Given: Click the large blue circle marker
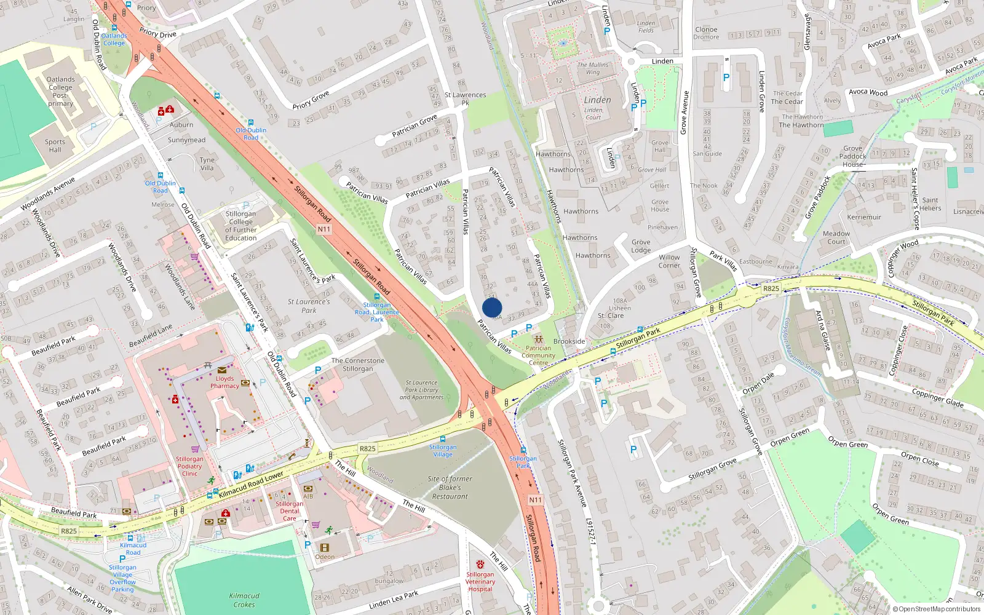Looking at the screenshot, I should click(492, 307).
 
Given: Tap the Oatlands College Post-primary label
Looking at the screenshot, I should click(61, 91).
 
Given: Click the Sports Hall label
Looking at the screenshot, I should click(55, 145).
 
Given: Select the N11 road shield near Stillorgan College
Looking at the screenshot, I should click(324, 229).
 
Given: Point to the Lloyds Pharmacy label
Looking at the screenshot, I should click(224, 382).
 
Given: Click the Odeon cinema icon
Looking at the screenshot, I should click(325, 547).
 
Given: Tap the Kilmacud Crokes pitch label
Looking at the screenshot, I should click(244, 600).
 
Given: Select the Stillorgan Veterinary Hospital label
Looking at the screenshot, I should click(480, 581).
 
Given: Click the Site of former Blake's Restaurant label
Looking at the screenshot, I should click(450, 487).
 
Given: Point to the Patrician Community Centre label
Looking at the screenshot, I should click(538, 355).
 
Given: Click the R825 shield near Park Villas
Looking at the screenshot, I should click(771, 288).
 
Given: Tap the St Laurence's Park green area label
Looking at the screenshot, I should click(309, 306).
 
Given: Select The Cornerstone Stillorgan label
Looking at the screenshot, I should click(358, 365).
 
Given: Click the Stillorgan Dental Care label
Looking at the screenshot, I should click(290, 510).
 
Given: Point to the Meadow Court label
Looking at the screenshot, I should click(836, 237).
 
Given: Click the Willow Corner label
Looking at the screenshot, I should click(669, 261).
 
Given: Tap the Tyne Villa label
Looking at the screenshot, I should click(207, 164).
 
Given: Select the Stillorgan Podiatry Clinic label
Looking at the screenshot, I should click(189, 466).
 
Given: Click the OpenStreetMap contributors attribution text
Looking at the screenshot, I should click(937, 609).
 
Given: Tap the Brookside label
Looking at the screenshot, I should click(569, 341).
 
